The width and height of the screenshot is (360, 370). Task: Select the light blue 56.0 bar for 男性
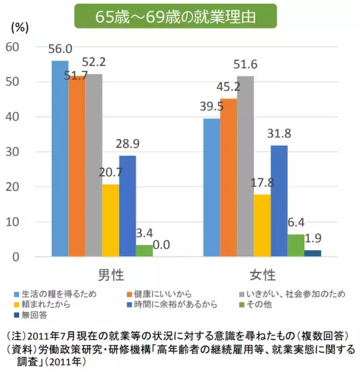coord(59,158)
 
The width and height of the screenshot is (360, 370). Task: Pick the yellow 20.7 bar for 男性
coord(110,220)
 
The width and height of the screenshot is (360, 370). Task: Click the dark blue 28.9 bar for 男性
coord(127,206)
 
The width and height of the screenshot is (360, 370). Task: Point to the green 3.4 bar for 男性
coord(144,251)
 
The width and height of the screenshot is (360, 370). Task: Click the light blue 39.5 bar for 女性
coord(212,187)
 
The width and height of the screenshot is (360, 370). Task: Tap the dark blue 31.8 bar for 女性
coord(279,201)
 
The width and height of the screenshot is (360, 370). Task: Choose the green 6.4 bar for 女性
coord(296,245)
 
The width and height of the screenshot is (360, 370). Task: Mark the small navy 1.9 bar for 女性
coord(313,253)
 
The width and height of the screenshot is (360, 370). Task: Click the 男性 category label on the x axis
coord(110,275)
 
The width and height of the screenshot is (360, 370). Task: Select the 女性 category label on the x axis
coord(262,275)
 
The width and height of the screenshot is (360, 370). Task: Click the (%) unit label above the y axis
coord(20,26)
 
